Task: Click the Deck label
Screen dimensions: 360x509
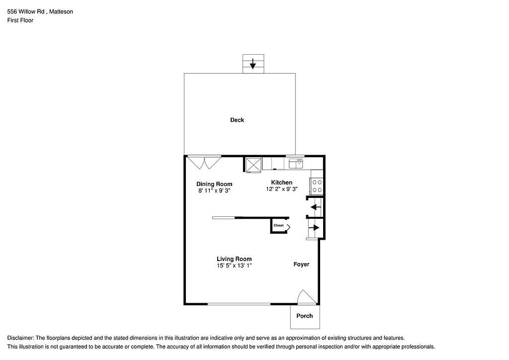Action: [x=237, y=120]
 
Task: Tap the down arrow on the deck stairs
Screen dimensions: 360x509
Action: [x=253, y=64]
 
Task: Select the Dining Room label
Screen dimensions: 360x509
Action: [x=214, y=184]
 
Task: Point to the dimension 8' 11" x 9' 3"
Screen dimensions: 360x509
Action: [x=214, y=190]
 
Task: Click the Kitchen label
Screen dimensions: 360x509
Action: [x=281, y=182]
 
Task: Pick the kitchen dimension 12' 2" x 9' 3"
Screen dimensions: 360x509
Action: [x=281, y=189]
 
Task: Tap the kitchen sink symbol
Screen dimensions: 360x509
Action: [x=296, y=163]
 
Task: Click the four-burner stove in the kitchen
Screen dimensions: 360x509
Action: [x=317, y=186]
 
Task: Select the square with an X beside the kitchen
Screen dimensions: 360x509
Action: [x=253, y=164]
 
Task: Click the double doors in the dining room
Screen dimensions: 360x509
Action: [x=204, y=162]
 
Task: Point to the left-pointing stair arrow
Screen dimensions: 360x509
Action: [x=315, y=207]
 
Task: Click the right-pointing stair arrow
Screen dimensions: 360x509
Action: [x=314, y=227]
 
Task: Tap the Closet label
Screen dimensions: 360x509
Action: [x=278, y=225]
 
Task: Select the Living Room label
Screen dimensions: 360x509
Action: [x=234, y=259]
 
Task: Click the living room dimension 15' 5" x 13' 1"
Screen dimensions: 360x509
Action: [x=234, y=266]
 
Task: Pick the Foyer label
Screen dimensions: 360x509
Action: [x=301, y=265]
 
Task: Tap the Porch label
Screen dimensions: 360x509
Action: [x=305, y=316]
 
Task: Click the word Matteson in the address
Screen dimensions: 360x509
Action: [x=61, y=11]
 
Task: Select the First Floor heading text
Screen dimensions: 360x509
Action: [x=20, y=20]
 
